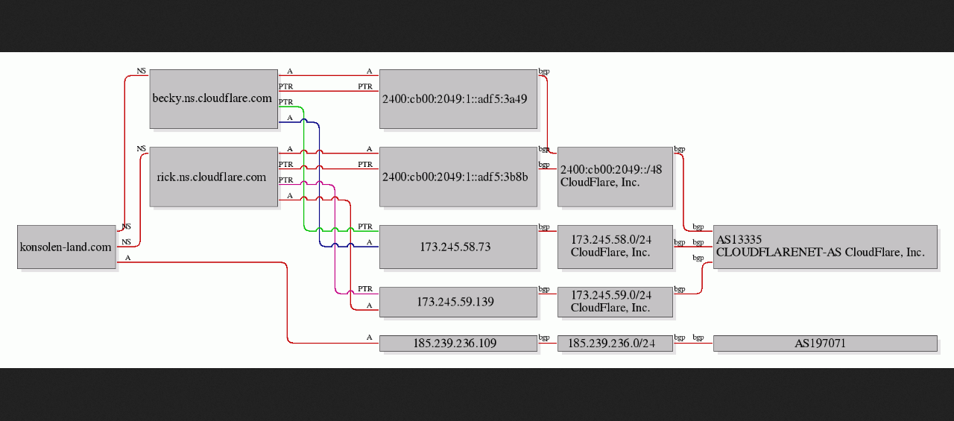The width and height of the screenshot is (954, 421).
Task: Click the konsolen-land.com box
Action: pyautogui.click(x=66, y=247)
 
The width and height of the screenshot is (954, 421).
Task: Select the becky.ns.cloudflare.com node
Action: pyautogui.click(x=214, y=99)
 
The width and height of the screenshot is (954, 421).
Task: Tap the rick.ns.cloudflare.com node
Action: pyautogui.click(x=214, y=177)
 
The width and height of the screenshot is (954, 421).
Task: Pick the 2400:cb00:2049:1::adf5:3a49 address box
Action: pyautogui.click(x=458, y=99)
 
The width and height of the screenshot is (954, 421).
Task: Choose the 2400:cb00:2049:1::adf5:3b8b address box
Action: pyautogui.click(x=458, y=177)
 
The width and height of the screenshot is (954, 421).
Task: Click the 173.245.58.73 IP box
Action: pyautogui.click(x=458, y=247)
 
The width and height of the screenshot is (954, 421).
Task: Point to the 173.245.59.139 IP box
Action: pyautogui.click(x=458, y=302)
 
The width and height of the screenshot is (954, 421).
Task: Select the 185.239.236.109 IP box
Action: pyautogui.click(x=458, y=343)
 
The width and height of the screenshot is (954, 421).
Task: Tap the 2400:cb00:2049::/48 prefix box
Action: pyautogui.click(x=615, y=177)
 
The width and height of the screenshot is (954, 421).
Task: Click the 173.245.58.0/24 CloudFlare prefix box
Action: pyautogui.click(x=615, y=247)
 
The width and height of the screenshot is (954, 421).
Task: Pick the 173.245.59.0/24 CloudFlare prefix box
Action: pyautogui.click(x=615, y=302)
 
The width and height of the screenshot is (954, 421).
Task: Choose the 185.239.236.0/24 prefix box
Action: pyautogui.click(x=615, y=343)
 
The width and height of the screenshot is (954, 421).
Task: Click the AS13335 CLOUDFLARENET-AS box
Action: pyautogui.click(x=825, y=247)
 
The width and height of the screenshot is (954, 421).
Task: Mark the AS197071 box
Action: pyautogui.click(x=825, y=343)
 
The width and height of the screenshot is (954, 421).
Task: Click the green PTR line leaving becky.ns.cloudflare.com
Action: pyautogui.click(x=303, y=171)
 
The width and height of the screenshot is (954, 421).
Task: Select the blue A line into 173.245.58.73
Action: pyautogui.click(x=320, y=184)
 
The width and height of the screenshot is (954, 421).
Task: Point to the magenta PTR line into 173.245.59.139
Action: pyautogui.click(x=335, y=238)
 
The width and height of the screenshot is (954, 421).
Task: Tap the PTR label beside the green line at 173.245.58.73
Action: pyautogui.click(x=365, y=227)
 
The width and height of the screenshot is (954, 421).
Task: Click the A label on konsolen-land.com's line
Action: pyautogui.click(x=127, y=258)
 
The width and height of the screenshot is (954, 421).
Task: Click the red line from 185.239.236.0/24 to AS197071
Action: pyautogui.click(x=693, y=343)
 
